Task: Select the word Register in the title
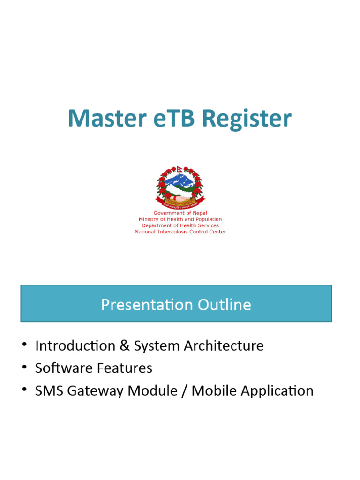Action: [x=247, y=119]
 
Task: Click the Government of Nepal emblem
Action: [x=180, y=187]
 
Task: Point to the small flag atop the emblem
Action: [x=180, y=168]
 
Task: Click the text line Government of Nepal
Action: [x=180, y=213]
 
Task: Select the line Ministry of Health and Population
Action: [x=180, y=219]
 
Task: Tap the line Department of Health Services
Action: [x=180, y=225]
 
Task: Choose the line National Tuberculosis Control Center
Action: [x=180, y=232]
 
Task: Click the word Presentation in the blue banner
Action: [x=140, y=305]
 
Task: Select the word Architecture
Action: [x=224, y=346]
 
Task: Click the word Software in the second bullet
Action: [x=64, y=368]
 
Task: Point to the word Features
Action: [x=125, y=368]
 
